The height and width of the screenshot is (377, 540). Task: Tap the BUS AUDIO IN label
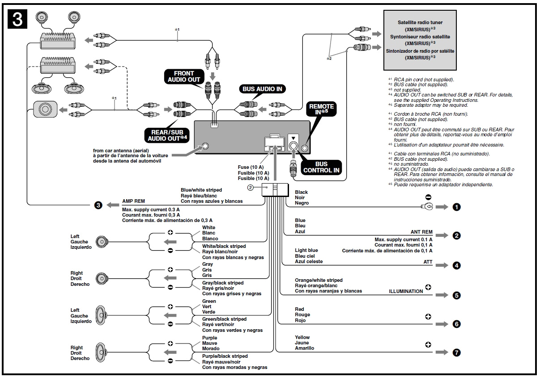coord(262,89)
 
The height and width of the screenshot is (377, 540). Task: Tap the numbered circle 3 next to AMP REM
coord(98,205)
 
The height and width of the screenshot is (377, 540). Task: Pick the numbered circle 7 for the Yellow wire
coord(456,352)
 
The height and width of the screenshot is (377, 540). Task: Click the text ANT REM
coord(421,232)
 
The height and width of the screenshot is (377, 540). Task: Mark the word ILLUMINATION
coord(406,291)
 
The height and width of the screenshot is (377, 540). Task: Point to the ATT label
coord(428,262)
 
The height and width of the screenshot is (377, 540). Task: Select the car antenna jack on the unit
coord(205,146)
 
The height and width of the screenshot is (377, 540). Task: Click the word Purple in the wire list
coord(210,338)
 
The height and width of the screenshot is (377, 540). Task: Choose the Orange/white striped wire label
coord(319,280)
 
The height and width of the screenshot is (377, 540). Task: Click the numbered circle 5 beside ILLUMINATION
coord(456,295)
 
